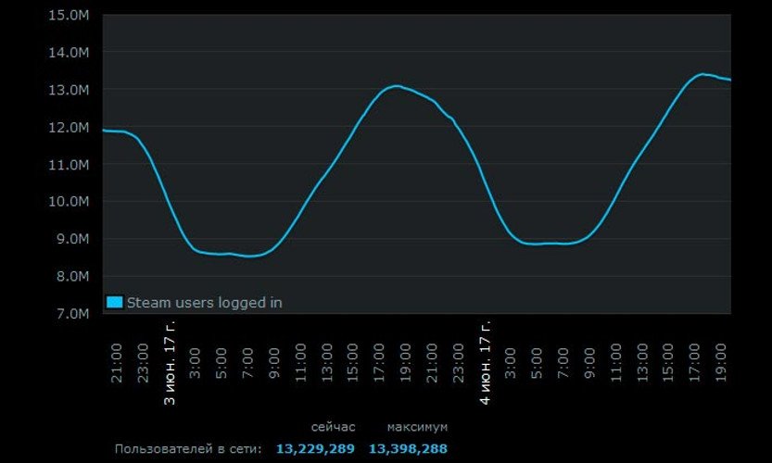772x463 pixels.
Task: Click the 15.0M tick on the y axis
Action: click(x=70, y=16)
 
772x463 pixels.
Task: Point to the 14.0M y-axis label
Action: click(x=70, y=53)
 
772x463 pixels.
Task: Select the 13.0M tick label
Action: click(x=70, y=90)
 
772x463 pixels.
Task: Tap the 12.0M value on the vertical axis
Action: click(x=70, y=127)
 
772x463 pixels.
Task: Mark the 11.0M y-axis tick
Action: click(x=70, y=164)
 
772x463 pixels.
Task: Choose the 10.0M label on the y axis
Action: click(x=70, y=201)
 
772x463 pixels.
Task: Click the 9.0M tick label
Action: click(x=73, y=238)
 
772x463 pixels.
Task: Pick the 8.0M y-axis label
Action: click(x=73, y=276)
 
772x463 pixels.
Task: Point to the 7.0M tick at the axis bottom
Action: click(x=73, y=313)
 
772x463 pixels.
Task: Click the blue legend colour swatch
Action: click(x=115, y=302)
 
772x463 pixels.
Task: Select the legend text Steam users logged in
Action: click(x=204, y=302)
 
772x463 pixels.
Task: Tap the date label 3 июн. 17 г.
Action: click(x=170, y=363)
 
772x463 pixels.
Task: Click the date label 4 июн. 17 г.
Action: click(x=486, y=363)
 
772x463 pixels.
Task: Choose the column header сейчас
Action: click(x=333, y=427)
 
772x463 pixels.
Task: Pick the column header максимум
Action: click(x=417, y=427)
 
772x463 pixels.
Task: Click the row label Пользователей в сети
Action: click(x=188, y=449)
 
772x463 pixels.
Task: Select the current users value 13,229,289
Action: click(x=315, y=449)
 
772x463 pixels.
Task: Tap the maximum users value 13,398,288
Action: click(x=408, y=449)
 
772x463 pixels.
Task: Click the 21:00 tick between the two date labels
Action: click(x=433, y=354)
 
